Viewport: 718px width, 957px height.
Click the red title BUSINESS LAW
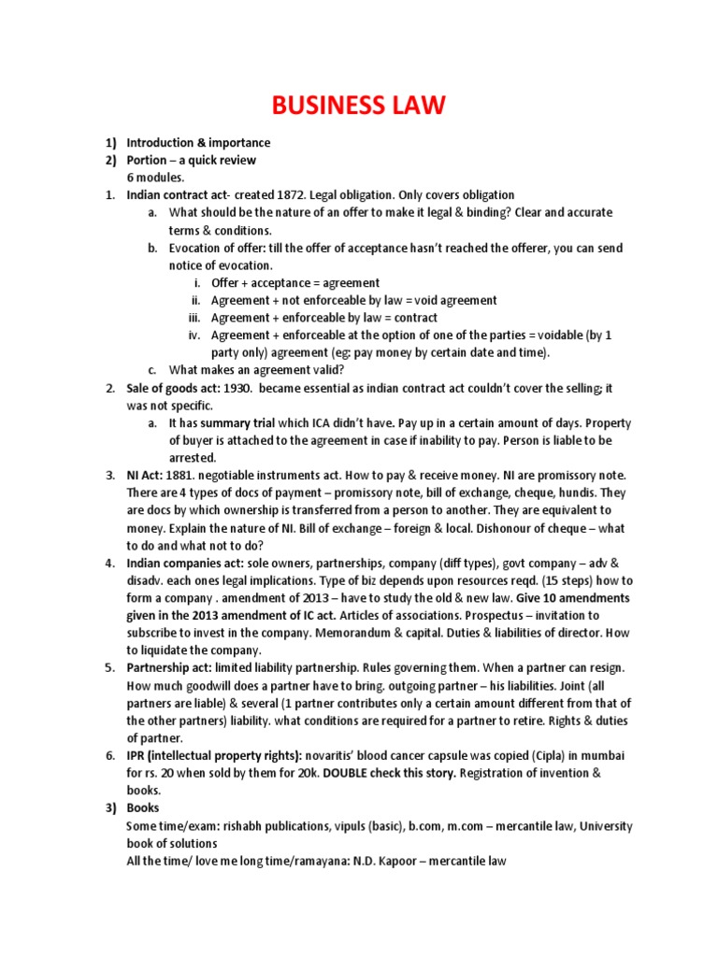358,107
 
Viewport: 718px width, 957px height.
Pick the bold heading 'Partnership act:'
169,669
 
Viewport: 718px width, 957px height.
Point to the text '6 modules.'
157,178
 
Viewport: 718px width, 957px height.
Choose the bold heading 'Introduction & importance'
198,143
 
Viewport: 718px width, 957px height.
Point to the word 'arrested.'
193,458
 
